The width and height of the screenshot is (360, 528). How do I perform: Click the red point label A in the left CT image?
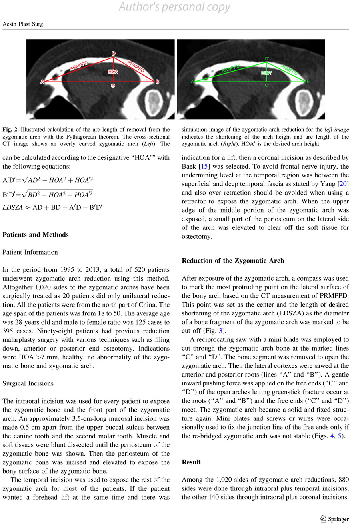tap(42, 82)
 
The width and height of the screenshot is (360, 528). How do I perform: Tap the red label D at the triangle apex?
tap(114, 54)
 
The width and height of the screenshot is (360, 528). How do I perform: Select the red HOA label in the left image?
tap(113, 72)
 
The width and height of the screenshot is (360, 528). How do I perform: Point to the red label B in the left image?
tap(157, 82)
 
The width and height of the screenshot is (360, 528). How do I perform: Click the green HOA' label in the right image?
tap(266, 73)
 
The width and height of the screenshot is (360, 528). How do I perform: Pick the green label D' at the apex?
tap(267, 59)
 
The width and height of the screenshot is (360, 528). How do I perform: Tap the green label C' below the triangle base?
tap(267, 85)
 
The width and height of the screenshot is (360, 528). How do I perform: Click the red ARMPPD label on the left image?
tap(79, 66)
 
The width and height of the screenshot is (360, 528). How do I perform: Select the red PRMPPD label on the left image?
tap(136, 66)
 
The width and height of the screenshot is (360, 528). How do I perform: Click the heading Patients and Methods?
tap(36, 235)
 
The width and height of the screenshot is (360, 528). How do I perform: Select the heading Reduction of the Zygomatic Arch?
tap(233, 261)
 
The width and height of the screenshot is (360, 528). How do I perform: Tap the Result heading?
tap(191, 462)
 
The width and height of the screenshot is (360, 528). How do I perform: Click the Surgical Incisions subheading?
tap(28, 383)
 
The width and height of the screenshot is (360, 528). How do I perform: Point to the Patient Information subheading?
tap(30, 252)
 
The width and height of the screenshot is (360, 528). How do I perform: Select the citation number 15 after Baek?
tap(203, 166)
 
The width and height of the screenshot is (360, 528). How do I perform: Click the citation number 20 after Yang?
tap(343, 184)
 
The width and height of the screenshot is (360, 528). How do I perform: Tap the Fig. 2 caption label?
tap(10, 130)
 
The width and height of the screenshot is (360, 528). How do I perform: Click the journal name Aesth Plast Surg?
tap(23, 24)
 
